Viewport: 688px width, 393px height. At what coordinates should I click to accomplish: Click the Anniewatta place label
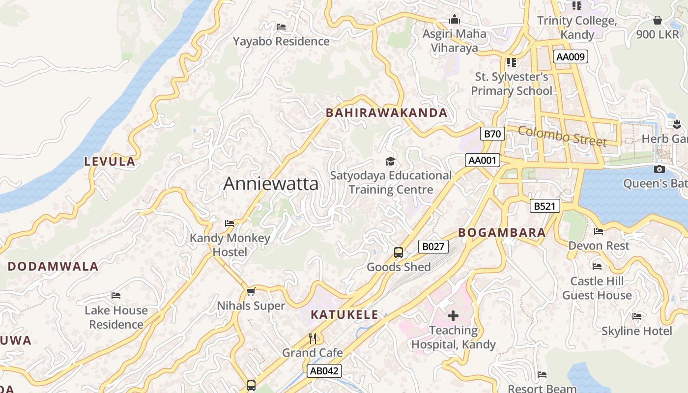[271, 184]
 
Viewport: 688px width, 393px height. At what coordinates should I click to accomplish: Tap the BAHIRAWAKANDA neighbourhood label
[387, 112]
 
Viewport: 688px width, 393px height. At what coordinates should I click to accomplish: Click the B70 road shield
[492, 134]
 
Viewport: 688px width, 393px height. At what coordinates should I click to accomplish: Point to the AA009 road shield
[570, 56]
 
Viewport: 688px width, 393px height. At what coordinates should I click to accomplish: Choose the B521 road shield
[545, 206]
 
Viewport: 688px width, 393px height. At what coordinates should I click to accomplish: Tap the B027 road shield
[433, 247]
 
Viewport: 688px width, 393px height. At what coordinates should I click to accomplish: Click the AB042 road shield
[324, 371]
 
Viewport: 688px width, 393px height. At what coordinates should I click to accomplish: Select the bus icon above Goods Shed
[399, 253]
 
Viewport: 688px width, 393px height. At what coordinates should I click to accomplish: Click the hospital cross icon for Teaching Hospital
[453, 315]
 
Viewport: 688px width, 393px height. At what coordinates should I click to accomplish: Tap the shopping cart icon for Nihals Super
[251, 291]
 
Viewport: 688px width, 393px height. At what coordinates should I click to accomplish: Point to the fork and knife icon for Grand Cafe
[313, 338]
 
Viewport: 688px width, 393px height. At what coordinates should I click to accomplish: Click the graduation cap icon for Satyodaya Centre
[390, 161]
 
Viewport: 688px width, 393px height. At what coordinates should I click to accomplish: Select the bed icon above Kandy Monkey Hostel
[229, 224]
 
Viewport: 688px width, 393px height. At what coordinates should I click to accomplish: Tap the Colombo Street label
[562, 136]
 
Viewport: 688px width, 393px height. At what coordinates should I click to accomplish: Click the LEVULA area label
[110, 162]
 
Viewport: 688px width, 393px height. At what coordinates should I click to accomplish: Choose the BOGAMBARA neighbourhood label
[502, 233]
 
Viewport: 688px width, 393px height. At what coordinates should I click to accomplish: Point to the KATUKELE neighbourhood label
[344, 315]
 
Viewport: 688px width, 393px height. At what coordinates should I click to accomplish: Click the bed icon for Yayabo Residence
[281, 27]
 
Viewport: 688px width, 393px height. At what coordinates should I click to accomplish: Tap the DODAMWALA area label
[53, 267]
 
